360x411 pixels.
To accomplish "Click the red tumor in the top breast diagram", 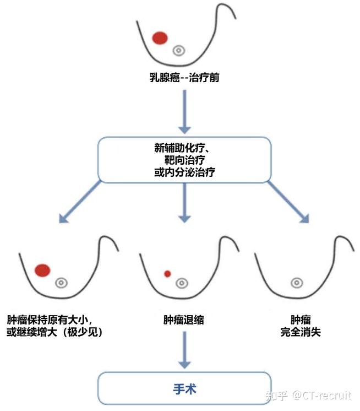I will click(160, 38).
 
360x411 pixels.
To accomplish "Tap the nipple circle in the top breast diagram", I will click(178, 51).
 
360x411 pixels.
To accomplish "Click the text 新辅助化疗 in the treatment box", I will click(182, 149).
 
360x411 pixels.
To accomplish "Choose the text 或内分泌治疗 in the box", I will click(184, 172).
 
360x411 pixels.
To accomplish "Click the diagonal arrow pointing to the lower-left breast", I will click(80, 202).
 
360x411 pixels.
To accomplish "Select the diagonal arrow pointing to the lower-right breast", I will click(288, 202).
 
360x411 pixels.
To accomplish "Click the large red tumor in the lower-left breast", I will click(42, 270).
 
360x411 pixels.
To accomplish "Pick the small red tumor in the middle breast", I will click(167, 273).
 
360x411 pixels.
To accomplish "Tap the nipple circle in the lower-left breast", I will click(61, 283).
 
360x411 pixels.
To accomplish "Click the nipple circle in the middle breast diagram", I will click(181, 283).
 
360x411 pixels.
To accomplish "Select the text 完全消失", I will click(300, 332).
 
